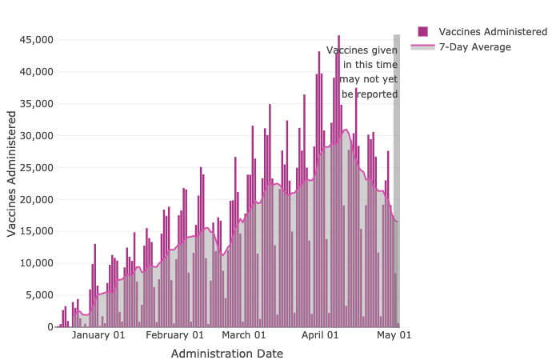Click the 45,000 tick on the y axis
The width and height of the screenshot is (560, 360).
35,39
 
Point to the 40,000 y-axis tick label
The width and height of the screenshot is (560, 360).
35,71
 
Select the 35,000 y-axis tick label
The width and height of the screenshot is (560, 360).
35,103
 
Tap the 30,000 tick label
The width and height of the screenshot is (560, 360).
35,135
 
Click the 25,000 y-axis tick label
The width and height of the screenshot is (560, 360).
35,167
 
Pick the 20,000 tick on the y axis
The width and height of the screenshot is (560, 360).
35,199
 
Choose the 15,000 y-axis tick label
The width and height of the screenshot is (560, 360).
35,231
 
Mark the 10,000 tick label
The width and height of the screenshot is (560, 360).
35,263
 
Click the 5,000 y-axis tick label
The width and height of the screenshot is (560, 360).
38,295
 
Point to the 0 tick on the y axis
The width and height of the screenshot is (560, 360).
50,327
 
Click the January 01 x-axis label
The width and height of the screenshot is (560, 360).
98,335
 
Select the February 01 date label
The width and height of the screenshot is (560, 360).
176,335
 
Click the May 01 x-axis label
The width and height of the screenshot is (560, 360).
394,335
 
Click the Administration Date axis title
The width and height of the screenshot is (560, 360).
227,353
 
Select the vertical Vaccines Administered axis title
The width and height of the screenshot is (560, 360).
12,174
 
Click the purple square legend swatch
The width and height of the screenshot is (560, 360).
422,31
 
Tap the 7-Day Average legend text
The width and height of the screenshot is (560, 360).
474,47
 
